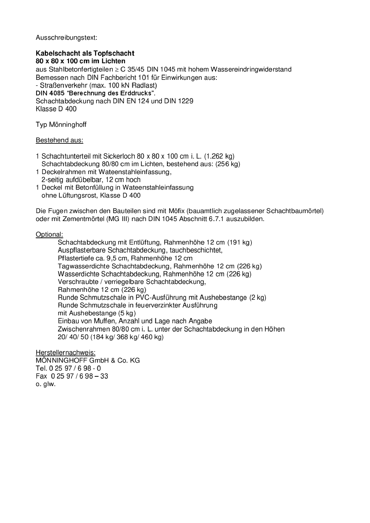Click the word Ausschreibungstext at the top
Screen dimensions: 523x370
click(66, 38)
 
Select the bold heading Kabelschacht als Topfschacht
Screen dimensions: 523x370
click(85, 53)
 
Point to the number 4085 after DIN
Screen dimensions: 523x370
click(57, 93)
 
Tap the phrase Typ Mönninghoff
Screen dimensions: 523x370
click(61, 125)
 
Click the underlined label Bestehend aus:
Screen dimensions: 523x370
click(59, 140)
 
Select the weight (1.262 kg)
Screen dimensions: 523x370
click(219, 156)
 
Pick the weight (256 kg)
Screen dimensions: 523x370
click(228, 164)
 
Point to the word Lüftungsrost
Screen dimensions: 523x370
click(78, 195)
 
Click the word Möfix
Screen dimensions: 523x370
click(176, 211)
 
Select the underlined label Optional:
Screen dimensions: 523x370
click(49, 234)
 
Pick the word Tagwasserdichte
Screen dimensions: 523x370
click(79, 266)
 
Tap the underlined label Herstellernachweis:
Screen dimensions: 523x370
click(65, 353)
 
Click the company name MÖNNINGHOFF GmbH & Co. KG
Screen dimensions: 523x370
click(88, 360)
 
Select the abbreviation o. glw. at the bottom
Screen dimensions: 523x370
click(46, 384)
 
